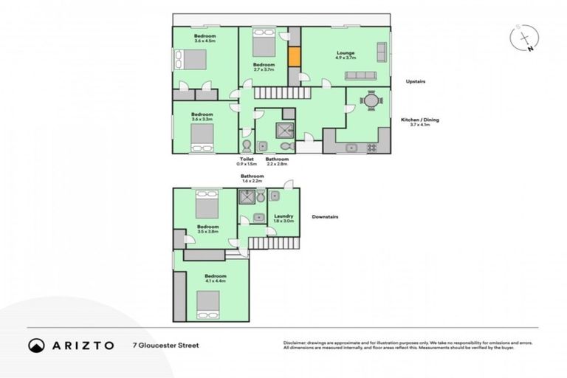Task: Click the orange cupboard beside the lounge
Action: tap(294, 57)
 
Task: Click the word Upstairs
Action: tap(417, 81)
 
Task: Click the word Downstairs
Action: tap(326, 217)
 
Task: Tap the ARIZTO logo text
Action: tap(83, 345)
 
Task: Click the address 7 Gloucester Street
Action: tap(165, 345)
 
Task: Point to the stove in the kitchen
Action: tap(371, 148)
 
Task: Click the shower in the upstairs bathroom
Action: tap(283, 130)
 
